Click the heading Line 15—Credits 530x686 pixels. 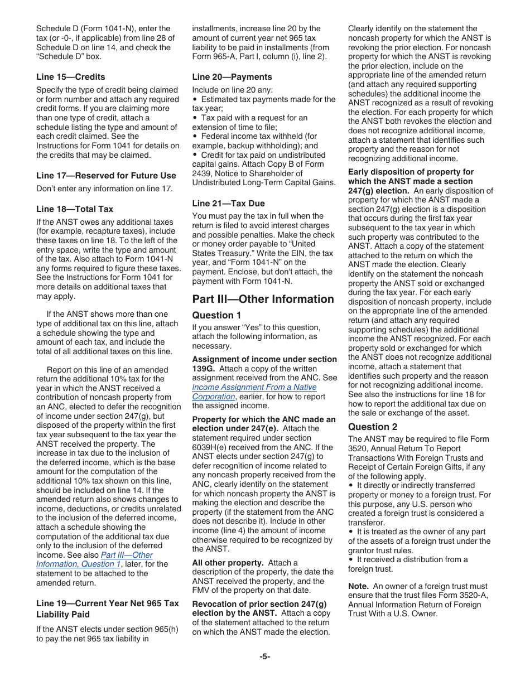(x=70, y=77)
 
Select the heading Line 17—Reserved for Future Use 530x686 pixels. (x=106, y=176)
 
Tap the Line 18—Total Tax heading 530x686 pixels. (x=74, y=209)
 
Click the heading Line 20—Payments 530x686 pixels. (x=232, y=77)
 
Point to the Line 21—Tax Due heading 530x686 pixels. (x=228, y=204)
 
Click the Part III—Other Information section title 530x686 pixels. (x=263, y=299)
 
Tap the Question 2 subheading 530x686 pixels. (x=373, y=427)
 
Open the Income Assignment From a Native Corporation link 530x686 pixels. (x=254, y=387)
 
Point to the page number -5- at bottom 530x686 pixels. (x=264, y=656)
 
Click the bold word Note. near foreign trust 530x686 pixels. (x=358, y=586)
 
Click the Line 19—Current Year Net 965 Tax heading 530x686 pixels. (x=107, y=603)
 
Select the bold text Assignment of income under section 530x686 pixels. (x=264, y=359)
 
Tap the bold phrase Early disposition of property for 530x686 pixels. (x=411, y=172)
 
